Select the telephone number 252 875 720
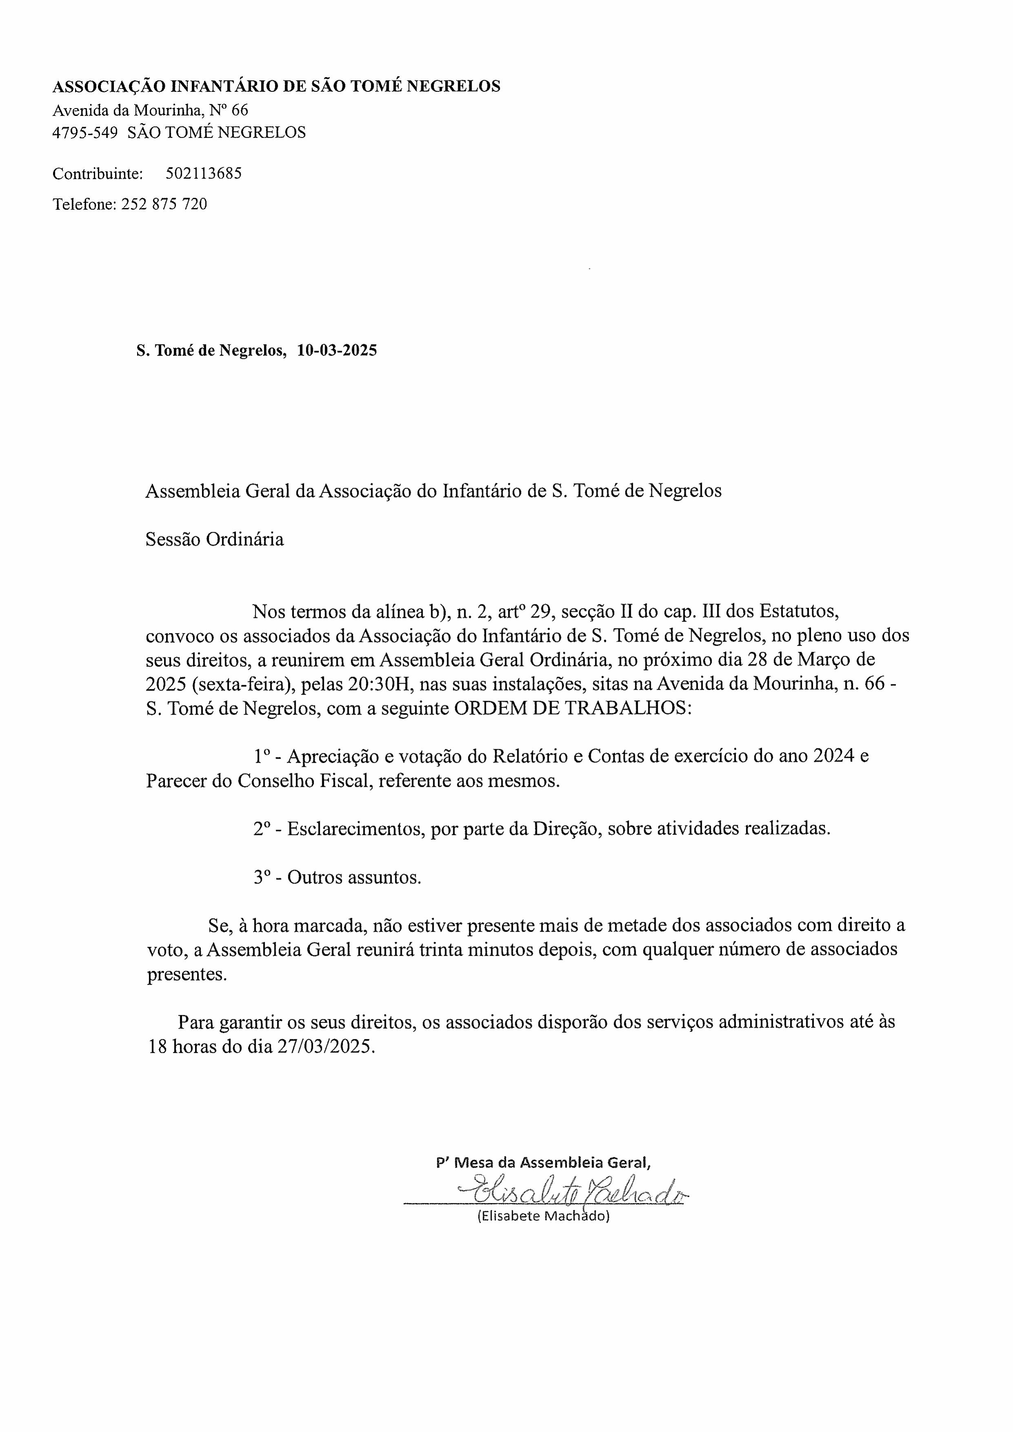164,204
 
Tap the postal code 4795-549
85,132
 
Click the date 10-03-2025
337,350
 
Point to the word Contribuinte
98,173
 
